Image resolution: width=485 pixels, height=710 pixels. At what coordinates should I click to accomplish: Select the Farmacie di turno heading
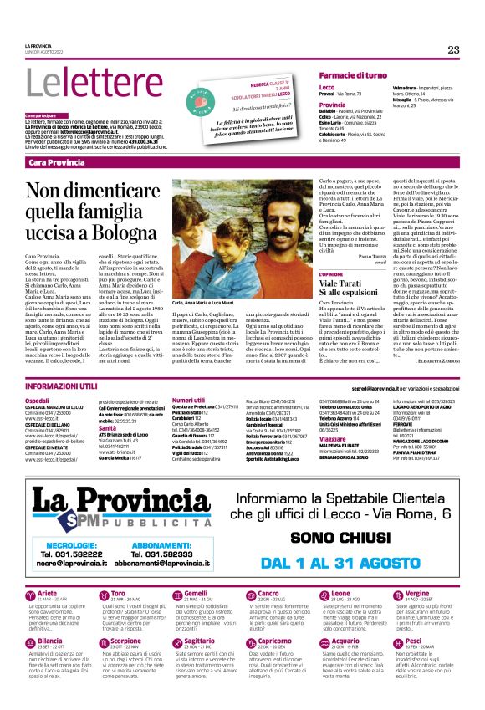[353, 75]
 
